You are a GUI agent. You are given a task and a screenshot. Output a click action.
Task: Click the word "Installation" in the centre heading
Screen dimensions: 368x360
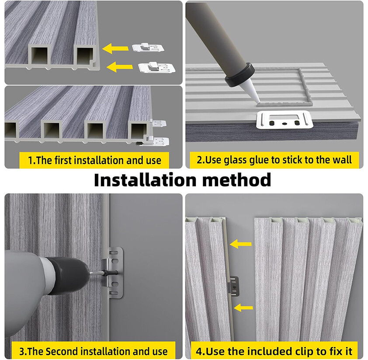point(145,180)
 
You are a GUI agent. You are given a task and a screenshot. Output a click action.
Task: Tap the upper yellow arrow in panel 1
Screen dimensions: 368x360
point(115,48)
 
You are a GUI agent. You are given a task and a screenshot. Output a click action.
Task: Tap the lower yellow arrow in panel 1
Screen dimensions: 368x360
point(120,67)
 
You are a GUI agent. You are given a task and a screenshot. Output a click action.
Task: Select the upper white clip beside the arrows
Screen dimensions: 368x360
point(148,48)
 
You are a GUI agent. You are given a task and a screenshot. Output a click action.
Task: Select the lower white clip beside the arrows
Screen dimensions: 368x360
point(156,67)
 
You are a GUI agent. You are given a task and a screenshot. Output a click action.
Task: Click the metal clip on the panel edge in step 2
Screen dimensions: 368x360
point(285,120)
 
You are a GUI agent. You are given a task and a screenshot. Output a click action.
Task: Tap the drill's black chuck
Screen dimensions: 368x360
point(68,274)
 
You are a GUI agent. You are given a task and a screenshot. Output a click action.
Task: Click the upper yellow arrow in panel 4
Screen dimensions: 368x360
point(240,244)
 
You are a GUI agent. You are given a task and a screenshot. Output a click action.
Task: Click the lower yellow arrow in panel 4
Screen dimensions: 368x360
point(243,308)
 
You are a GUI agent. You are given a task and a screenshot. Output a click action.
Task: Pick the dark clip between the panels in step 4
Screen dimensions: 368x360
point(233,285)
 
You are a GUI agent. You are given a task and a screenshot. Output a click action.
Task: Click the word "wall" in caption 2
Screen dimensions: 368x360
point(343,159)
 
